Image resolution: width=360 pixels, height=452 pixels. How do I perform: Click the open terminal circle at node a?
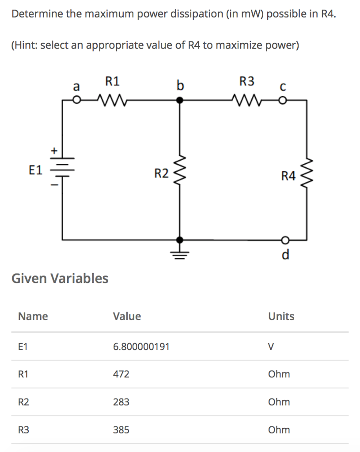[76, 101]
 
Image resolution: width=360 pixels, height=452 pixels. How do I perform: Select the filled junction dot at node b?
[179, 101]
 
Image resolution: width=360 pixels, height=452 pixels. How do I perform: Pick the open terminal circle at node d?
[285, 240]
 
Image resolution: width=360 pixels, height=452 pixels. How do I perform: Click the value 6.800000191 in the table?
[141, 347]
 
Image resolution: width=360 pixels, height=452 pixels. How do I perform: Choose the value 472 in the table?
[121, 374]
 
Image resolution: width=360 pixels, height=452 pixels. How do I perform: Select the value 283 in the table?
[121, 402]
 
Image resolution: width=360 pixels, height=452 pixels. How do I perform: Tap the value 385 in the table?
[121, 430]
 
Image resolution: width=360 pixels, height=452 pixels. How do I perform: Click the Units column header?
[281, 316]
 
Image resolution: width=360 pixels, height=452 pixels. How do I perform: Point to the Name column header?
[33, 316]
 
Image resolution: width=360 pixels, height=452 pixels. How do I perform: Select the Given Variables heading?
[60, 278]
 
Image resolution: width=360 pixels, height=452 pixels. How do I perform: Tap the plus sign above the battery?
[54, 151]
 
